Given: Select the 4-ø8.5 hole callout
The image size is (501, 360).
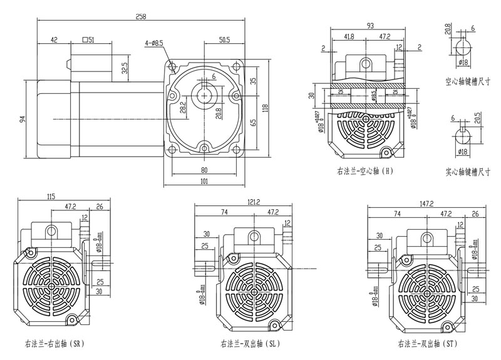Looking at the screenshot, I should tap(154, 43).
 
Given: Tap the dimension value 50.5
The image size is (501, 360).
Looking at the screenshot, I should tap(224, 39).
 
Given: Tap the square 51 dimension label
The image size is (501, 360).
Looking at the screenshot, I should tap(88, 39).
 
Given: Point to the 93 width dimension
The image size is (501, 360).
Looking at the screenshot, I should tap(371, 26).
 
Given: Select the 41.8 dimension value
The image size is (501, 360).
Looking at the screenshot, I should tap(349, 37).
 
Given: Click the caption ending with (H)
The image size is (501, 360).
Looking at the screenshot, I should tap(364, 170).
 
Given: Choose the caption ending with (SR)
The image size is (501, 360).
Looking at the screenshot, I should tap(54, 344).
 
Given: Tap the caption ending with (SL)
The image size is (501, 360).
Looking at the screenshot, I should tap(250, 344).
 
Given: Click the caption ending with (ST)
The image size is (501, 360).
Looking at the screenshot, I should tap(428, 344).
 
